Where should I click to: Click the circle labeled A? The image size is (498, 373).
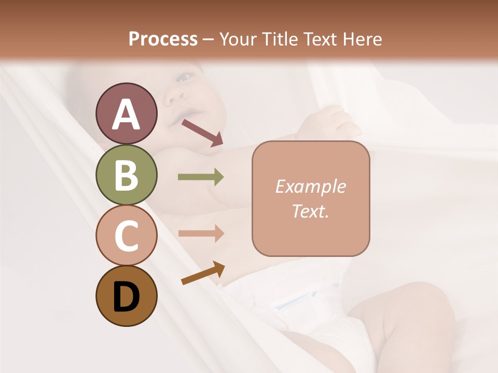coord(126,113)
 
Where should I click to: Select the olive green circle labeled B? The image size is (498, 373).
coord(126,175)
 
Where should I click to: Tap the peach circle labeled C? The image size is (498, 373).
coord(126,236)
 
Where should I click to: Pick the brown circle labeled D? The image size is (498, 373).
coord(126,296)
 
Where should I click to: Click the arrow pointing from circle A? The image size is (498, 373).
coord(202,133)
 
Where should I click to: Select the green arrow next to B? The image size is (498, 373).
coord(201,177)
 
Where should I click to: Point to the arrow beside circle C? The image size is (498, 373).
coord(201,233)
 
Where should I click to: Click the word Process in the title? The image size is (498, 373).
coord(163,39)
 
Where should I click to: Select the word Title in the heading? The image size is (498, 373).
coord(280,39)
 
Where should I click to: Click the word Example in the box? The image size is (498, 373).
coord(310,187)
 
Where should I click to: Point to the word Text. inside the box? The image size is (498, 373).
coord(310,211)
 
